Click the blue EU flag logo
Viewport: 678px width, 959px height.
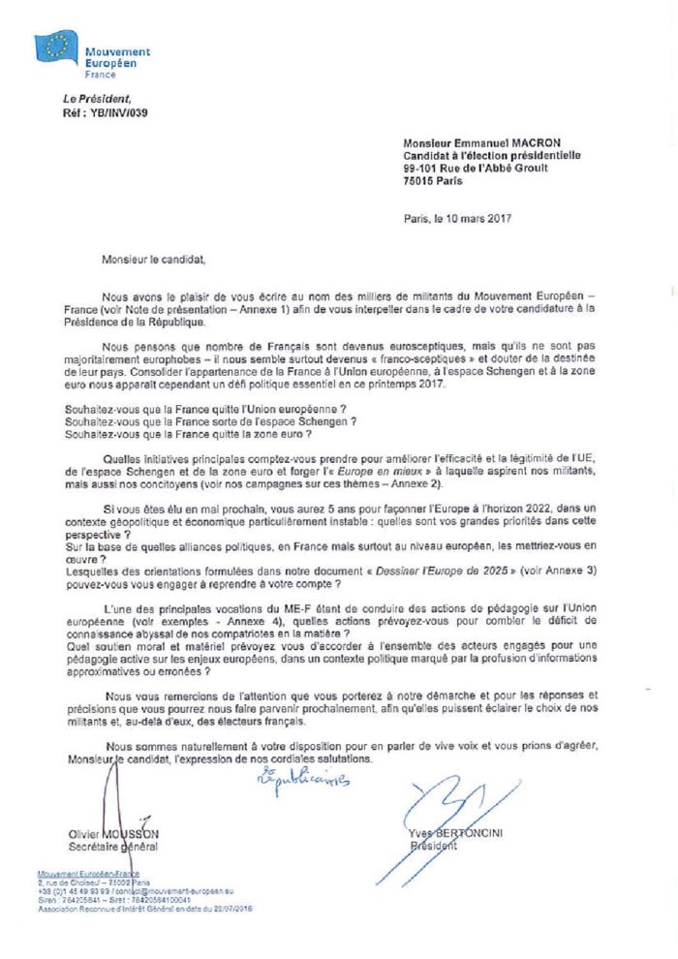point(55,47)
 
